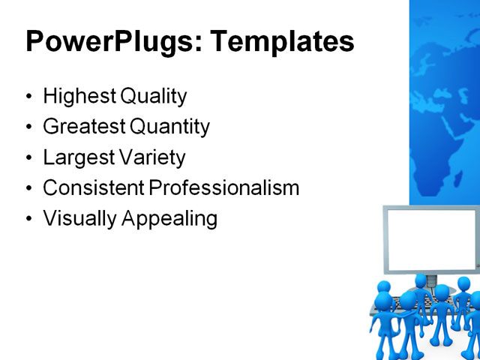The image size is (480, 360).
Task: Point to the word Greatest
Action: pos(79,127)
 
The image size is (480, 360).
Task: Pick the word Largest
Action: pos(73,158)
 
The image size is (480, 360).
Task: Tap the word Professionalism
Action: pos(224,188)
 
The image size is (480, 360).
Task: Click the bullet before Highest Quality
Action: pos(29,97)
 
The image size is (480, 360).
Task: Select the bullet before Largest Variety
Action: pos(29,159)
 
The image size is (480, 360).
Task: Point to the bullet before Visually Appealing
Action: pos(29,220)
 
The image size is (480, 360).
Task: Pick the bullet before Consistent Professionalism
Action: pos(29,189)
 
